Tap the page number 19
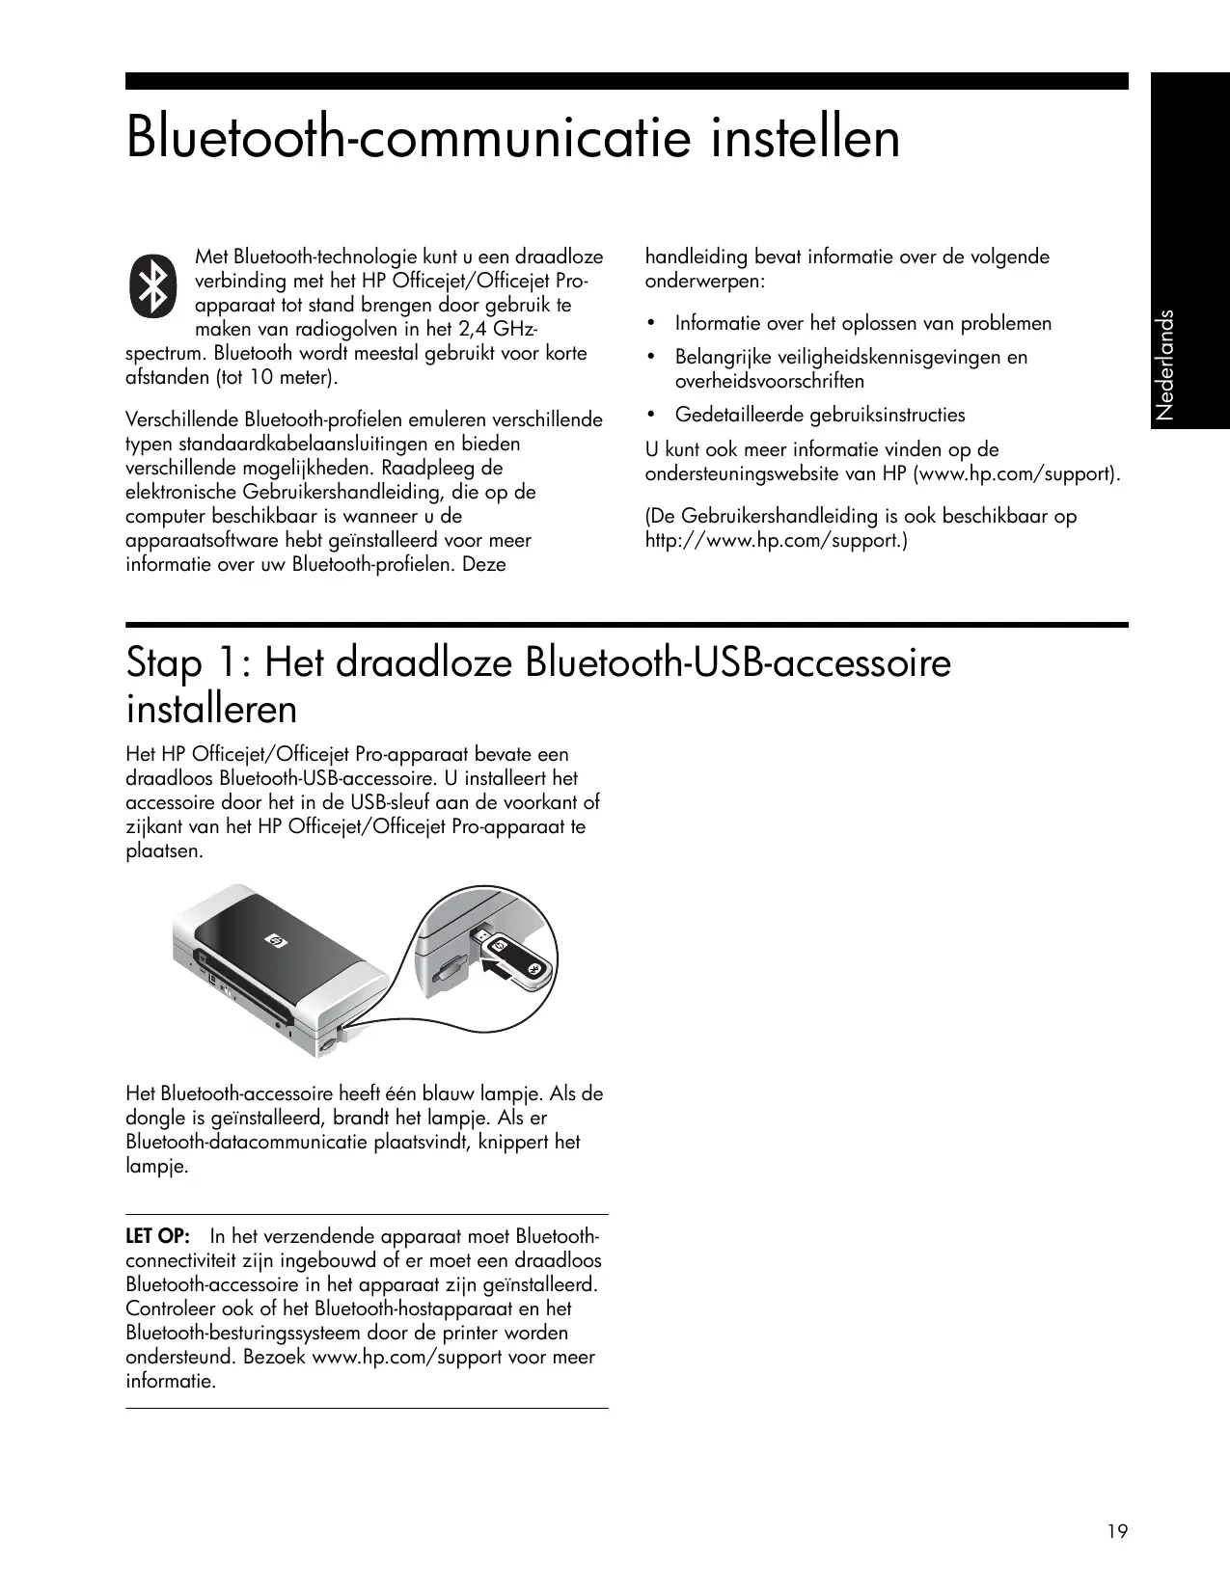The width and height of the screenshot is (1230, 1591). [x=1117, y=1531]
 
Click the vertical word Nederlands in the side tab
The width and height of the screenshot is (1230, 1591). [x=1166, y=364]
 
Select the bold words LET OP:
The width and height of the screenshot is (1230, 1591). [x=158, y=1236]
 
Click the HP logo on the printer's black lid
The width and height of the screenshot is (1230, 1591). [x=271, y=940]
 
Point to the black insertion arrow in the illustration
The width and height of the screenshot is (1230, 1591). [x=498, y=967]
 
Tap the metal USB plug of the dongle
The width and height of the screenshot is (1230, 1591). [x=479, y=936]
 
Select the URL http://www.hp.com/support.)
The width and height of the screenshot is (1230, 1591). [x=776, y=540]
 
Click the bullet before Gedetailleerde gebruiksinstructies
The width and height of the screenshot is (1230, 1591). [x=652, y=415]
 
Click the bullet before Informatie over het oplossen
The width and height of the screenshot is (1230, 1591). [x=652, y=323]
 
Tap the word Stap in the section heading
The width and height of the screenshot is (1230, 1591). [x=164, y=663]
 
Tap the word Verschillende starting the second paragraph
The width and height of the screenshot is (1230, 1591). [x=183, y=420]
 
